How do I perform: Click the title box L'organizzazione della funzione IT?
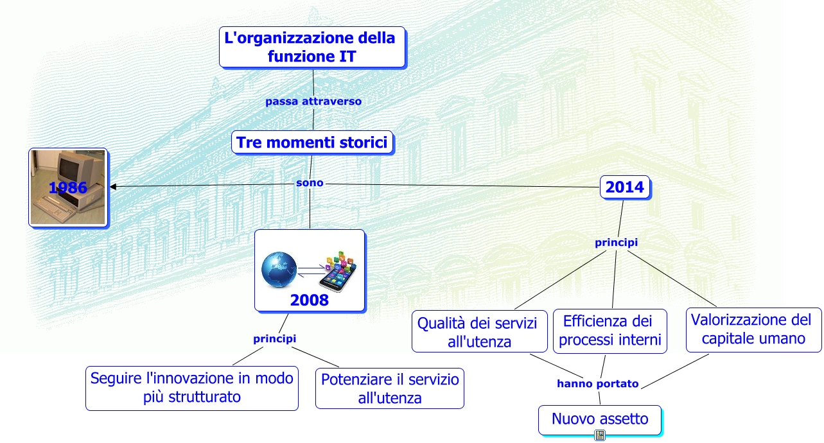pyautogui.click(x=311, y=47)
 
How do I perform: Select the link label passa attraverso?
pyautogui.click(x=313, y=101)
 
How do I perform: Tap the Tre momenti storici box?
pyautogui.click(x=312, y=143)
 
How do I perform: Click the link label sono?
pyautogui.click(x=310, y=183)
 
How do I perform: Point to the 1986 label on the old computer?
pyautogui.click(x=68, y=187)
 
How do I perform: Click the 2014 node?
pyautogui.click(x=624, y=187)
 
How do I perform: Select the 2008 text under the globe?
pyautogui.click(x=309, y=300)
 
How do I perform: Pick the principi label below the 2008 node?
pyautogui.click(x=274, y=338)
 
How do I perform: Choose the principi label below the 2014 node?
pyautogui.click(x=616, y=243)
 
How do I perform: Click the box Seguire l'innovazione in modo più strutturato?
pyautogui.click(x=191, y=387)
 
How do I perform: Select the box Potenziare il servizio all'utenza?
pyautogui.click(x=389, y=388)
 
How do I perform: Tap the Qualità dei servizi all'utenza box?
pyautogui.click(x=478, y=331)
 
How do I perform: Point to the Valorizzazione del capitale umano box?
pyautogui.click(x=753, y=329)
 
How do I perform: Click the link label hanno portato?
pyautogui.click(x=597, y=384)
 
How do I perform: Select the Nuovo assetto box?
pyautogui.click(x=600, y=420)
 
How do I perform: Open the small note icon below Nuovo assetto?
pyautogui.click(x=600, y=436)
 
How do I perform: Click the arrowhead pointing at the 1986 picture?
pyautogui.click(x=113, y=187)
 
